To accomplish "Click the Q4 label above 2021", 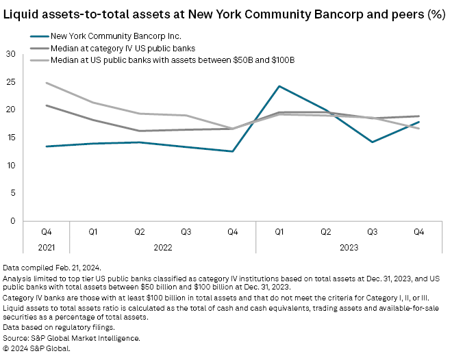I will (x=46, y=232).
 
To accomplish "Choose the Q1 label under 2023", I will (x=279, y=232).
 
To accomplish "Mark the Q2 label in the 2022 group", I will (x=139, y=232).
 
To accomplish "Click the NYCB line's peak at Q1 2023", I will (x=279, y=86).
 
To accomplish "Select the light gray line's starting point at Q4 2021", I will (x=46, y=83).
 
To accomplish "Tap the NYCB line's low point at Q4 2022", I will (x=233, y=151).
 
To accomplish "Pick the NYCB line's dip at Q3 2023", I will (x=373, y=142).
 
